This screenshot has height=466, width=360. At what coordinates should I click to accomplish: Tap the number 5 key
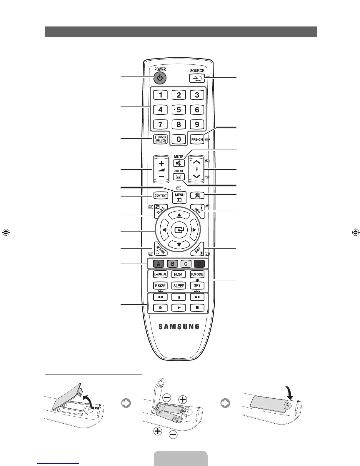(x=179, y=110)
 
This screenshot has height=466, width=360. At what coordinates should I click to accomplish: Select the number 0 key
(x=179, y=139)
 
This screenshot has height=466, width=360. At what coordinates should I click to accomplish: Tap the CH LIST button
(x=179, y=177)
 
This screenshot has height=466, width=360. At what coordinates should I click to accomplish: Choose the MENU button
(x=179, y=197)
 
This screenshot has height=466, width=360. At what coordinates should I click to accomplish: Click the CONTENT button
(x=161, y=195)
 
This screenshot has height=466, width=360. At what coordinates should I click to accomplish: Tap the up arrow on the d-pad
(x=179, y=215)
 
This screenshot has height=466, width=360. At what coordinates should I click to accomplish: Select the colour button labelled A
(x=158, y=264)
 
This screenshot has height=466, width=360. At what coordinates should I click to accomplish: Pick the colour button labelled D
(x=199, y=264)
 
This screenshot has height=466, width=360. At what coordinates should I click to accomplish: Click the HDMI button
(x=179, y=274)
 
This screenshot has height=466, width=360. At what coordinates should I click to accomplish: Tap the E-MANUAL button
(x=160, y=274)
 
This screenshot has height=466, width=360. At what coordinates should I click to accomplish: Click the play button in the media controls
(x=179, y=308)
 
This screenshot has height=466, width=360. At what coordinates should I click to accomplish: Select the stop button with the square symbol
(x=197, y=308)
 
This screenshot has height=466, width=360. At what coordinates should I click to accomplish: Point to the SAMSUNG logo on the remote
(x=179, y=327)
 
